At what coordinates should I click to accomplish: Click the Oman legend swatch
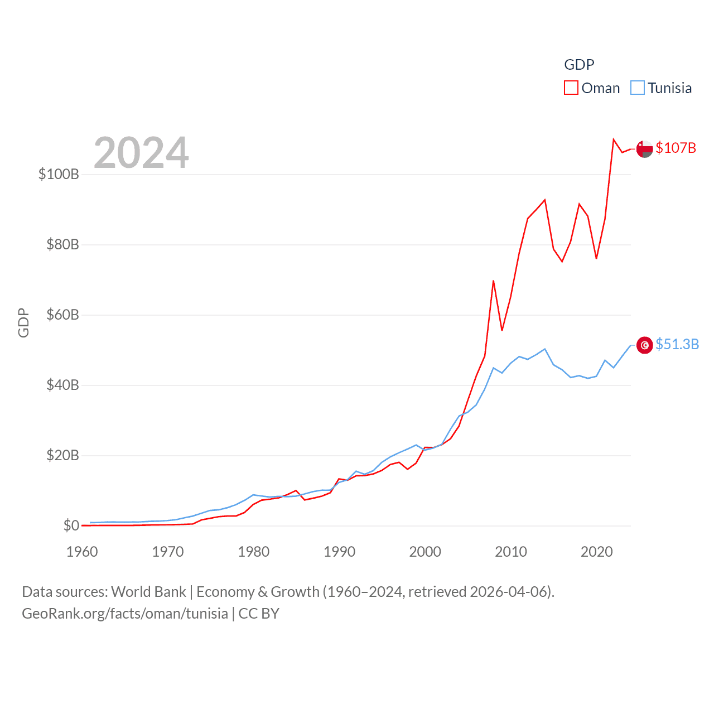pyautogui.click(x=571, y=88)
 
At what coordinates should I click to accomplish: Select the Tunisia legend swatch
pyautogui.click(x=637, y=88)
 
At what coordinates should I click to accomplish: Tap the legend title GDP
pyautogui.click(x=579, y=65)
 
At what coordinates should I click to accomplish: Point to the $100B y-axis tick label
pyautogui.click(x=59, y=174)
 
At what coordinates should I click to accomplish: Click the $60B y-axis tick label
pyautogui.click(x=62, y=315)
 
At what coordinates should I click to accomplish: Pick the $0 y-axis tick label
pyautogui.click(x=71, y=525)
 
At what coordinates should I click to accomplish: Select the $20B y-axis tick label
pyautogui.click(x=62, y=455)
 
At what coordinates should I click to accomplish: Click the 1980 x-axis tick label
pyautogui.click(x=253, y=552)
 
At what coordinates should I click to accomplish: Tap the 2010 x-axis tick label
pyautogui.click(x=511, y=552)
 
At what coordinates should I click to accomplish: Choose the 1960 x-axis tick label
pyautogui.click(x=82, y=552)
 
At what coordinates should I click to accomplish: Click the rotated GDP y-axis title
pyautogui.click(x=23, y=322)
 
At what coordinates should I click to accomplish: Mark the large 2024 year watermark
pyautogui.click(x=141, y=153)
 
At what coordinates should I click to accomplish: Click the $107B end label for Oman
pyautogui.click(x=676, y=148)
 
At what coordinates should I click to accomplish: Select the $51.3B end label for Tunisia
pyautogui.click(x=677, y=344)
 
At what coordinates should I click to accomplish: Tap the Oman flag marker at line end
pyautogui.click(x=644, y=149)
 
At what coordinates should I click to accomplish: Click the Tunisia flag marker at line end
pyautogui.click(x=644, y=345)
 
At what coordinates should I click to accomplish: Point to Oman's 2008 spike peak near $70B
pyautogui.click(x=493, y=281)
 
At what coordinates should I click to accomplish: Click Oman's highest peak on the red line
pyautogui.click(x=614, y=139)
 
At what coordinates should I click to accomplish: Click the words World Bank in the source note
pyautogui.click(x=148, y=592)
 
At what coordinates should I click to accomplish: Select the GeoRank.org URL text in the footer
pyautogui.click(x=124, y=614)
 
